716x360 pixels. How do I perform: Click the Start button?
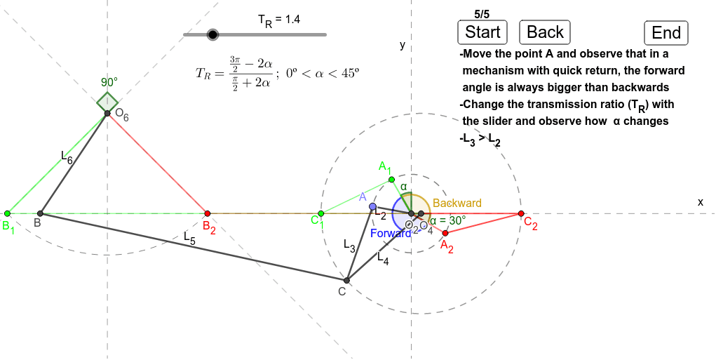point(483,32)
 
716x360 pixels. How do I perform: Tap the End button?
point(666,33)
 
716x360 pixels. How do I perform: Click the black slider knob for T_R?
point(213,34)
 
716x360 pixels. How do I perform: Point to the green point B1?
point(7,213)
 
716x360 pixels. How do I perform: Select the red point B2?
point(207,213)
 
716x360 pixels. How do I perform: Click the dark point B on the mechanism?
point(40,213)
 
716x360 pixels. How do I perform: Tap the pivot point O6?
point(107,113)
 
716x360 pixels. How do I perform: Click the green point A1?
point(391,180)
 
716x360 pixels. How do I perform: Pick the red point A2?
point(445,232)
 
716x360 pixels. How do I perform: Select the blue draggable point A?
point(372,206)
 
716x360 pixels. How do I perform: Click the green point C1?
point(320,213)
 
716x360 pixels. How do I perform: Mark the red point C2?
point(520,213)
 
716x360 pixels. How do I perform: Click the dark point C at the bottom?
point(347,280)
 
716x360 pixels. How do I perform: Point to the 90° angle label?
point(109,81)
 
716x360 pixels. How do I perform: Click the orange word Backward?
point(457,203)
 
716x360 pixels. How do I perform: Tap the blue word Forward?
point(391,233)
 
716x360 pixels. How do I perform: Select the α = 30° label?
point(447,220)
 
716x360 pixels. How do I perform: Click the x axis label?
point(700,201)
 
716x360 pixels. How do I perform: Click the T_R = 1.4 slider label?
point(279,20)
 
